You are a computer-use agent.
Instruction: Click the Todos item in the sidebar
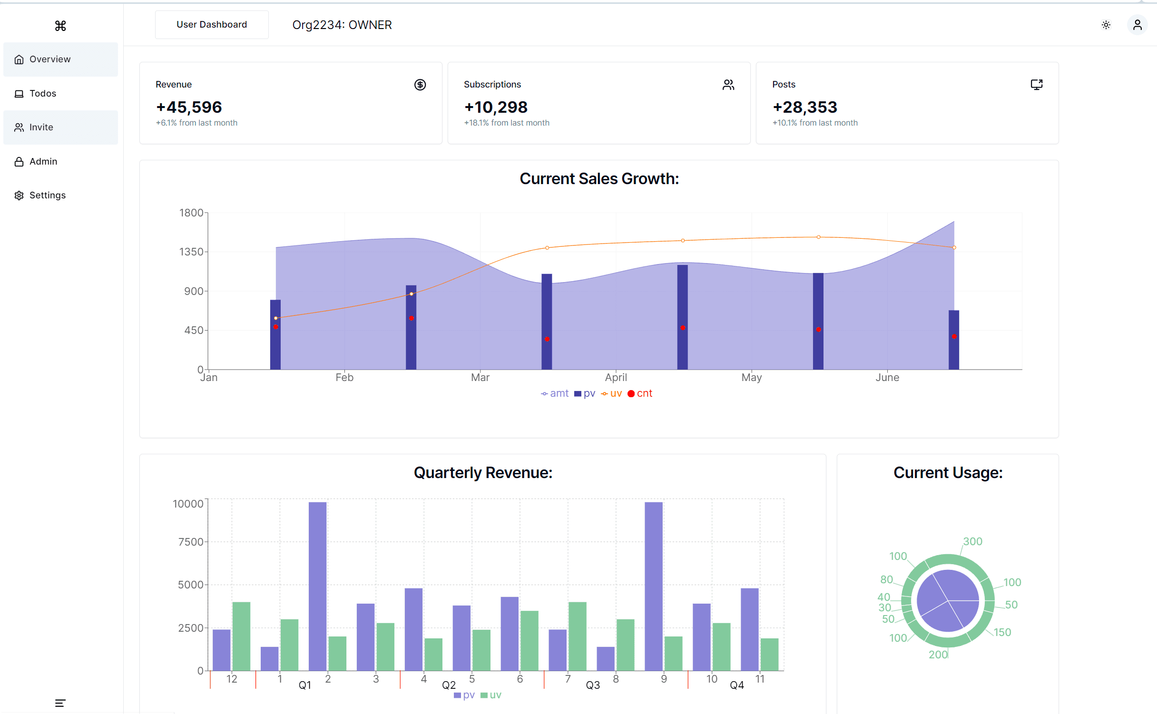tap(42, 93)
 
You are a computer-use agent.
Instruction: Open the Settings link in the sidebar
tap(47, 195)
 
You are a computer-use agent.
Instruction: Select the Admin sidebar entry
tap(43, 161)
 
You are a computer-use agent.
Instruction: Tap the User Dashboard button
tap(211, 25)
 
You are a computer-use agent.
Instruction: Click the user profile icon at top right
tap(1137, 25)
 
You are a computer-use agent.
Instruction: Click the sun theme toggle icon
tap(1106, 25)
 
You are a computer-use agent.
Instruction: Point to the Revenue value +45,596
tap(189, 108)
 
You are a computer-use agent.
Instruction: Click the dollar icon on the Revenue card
tap(420, 85)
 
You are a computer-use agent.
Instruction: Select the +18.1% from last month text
tap(507, 123)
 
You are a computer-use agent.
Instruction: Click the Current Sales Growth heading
tap(599, 179)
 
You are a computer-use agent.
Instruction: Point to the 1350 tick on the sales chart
tap(191, 252)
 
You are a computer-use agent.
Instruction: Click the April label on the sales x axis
tap(616, 377)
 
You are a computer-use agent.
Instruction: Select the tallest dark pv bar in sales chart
tap(682, 316)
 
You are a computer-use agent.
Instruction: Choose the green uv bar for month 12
tap(241, 636)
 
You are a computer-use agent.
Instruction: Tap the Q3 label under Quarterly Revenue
tap(592, 685)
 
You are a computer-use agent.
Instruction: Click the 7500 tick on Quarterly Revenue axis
tap(191, 542)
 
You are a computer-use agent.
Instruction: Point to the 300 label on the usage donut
tap(972, 541)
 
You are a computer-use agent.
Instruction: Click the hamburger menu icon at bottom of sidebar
tap(60, 703)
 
